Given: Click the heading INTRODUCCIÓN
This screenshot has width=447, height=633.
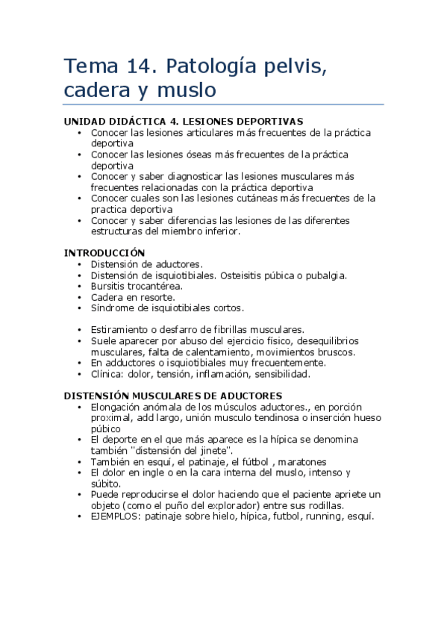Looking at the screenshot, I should (x=104, y=253).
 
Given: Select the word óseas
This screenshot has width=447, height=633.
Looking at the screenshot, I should (x=194, y=155).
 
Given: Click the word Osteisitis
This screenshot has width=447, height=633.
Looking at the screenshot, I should (x=242, y=275).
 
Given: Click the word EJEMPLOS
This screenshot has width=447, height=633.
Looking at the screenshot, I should (x=114, y=517).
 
